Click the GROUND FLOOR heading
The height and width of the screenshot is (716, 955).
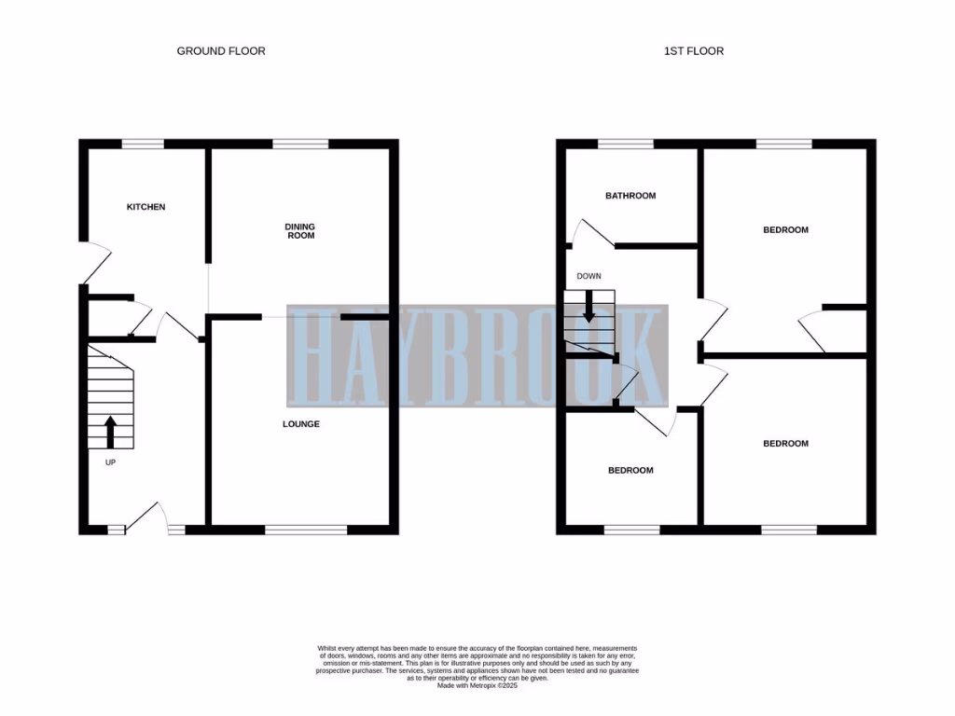(221, 51)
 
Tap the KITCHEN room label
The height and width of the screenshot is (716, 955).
(145, 207)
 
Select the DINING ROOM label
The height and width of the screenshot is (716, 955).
(300, 230)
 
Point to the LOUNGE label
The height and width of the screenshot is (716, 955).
(301, 424)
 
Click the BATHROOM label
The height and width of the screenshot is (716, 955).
(630, 196)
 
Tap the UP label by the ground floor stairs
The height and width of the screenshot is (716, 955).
(110, 461)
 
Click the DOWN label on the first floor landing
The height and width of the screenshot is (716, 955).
(588, 276)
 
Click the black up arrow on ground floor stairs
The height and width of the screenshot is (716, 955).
(109, 432)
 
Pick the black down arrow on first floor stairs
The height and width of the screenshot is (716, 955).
(588, 308)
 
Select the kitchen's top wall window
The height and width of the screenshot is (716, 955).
(143, 144)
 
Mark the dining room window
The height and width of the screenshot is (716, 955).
(300, 144)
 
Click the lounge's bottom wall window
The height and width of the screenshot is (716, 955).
(306, 530)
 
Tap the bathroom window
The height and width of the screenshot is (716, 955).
(625, 144)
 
